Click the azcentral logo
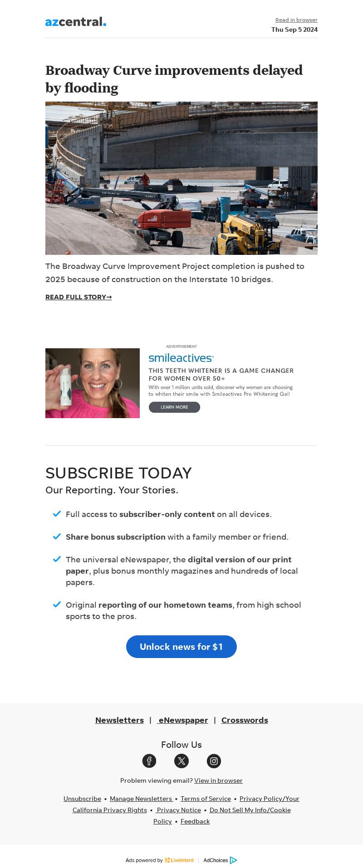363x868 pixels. [x=76, y=22]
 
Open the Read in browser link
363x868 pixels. [x=296, y=20]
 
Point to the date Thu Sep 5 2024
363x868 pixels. [x=294, y=29]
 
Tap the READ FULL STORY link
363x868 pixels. [x=78, y=297]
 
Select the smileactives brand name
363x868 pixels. [x=181, y=358]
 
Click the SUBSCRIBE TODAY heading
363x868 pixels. [x=118, y=473]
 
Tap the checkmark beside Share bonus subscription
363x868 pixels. [x=57, y=536]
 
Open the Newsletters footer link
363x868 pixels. [x=119, y=720]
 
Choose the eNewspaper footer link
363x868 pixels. [x=183, y=720]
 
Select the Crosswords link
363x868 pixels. [x=245, y=720]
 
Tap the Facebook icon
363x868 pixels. [x=149, y=761]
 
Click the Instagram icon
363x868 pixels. [x=214, y=761]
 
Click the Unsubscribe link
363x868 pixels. [x=82, y=799]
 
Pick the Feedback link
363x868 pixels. [x=195, y=821]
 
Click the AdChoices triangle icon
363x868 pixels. [x=233, y=860]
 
